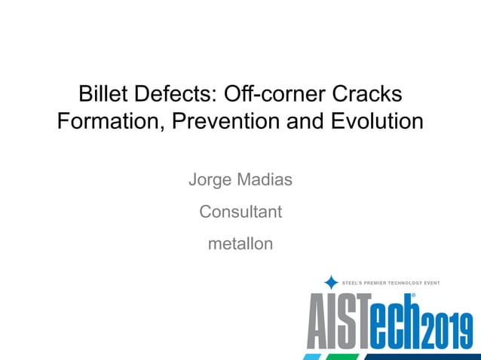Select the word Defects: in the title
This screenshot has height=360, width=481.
[176, 95]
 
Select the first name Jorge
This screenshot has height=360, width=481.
[211, 181]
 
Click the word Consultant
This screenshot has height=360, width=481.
[240, 212]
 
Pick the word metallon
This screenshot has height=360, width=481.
[240, 244]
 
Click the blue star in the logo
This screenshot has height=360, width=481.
[331, 282]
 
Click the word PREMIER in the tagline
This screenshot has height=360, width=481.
[379, 283]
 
